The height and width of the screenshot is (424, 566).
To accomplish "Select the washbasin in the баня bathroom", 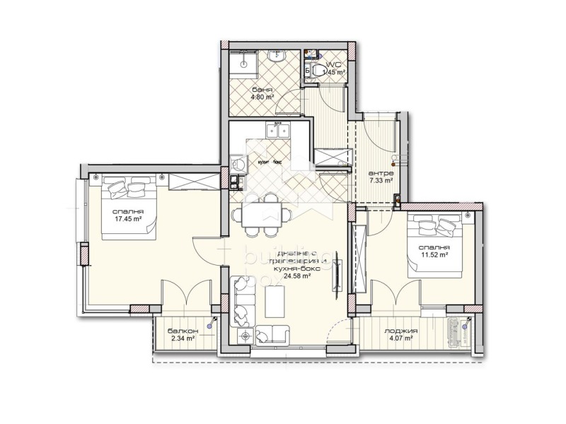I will (276, 54).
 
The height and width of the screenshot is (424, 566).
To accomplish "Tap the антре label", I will (381, 173).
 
